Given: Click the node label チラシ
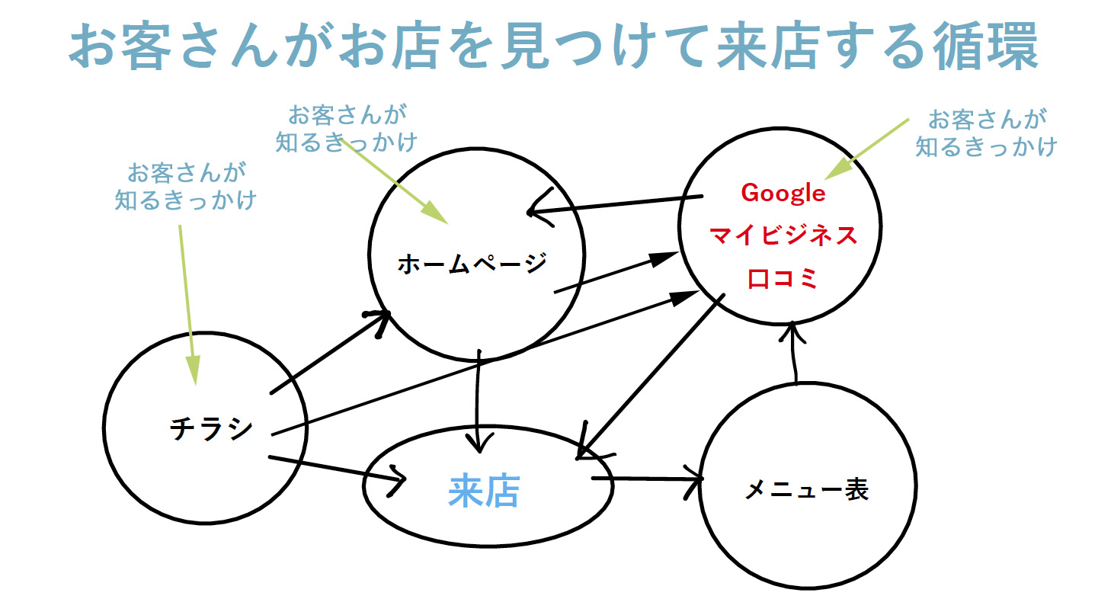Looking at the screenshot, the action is [211, 429].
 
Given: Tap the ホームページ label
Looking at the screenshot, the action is [472, 264].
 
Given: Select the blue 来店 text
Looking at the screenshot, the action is [485, 491].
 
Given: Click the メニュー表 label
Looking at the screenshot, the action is [807, 489].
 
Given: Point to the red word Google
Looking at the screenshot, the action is [783, 194].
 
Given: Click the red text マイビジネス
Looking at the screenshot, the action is [783, 235].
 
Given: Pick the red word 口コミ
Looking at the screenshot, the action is [783, 278].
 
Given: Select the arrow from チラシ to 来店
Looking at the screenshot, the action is [338, 470].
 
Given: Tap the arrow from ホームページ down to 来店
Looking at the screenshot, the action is [478, 401].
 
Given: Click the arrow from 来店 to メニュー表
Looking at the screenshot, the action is [648, 479].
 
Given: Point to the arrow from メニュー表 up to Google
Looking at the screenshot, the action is [794, 352].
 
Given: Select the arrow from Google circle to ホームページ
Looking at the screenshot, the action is [615, 204].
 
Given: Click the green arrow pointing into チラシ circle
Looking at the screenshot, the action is [188, 305].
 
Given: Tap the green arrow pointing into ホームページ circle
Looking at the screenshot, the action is [394, 181].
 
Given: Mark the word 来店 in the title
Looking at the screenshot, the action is [769, 46].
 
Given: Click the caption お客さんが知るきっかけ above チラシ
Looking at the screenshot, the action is [186, 187].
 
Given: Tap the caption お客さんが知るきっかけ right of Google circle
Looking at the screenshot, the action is [987, 133].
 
